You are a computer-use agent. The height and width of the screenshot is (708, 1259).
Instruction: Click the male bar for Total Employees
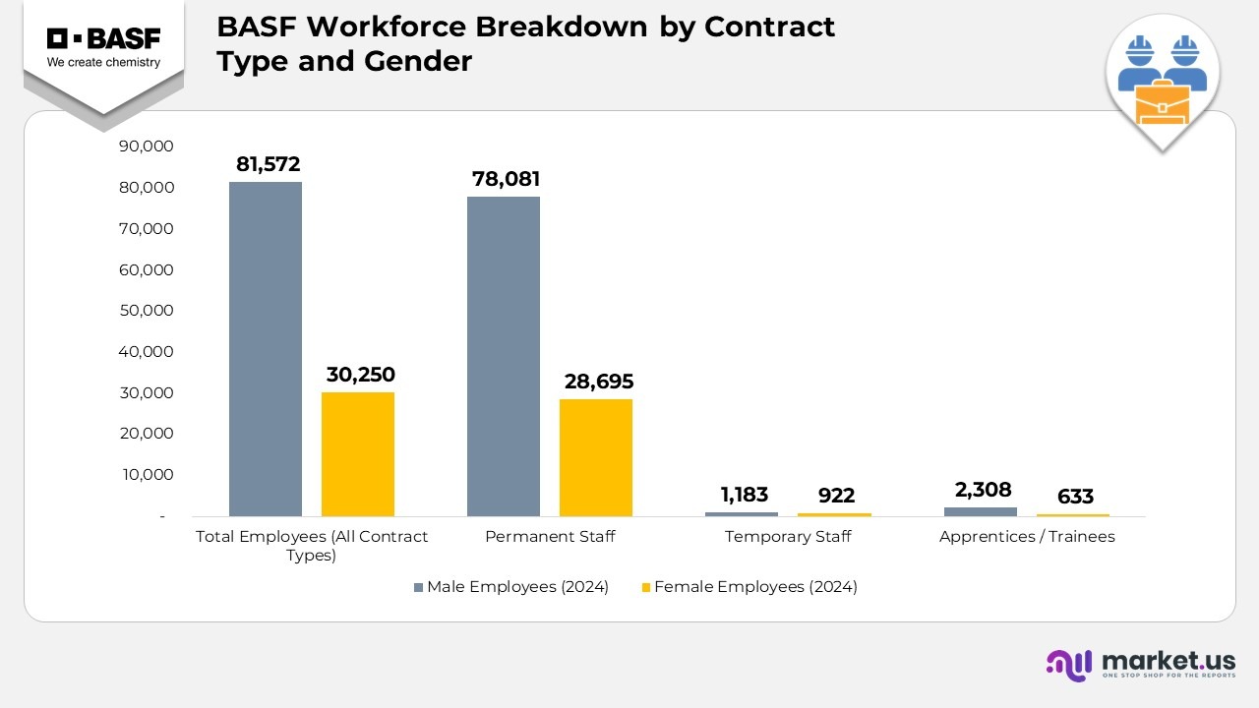(x=266, y=349)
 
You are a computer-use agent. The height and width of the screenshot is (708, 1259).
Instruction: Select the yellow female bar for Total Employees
(x=358, y=454)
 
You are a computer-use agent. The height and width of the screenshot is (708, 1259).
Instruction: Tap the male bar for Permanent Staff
(x=504, y=356)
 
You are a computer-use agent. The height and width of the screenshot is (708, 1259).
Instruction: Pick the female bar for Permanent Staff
(x=596, y=457)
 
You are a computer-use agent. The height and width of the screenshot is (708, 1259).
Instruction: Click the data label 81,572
(x=268, y=164)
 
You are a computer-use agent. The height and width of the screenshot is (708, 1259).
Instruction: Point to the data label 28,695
(x=599, y=382)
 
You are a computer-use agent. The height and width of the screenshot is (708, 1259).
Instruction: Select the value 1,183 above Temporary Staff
(x=744, y=495)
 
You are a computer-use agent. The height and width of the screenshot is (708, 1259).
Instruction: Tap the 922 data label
(x=836, y=496)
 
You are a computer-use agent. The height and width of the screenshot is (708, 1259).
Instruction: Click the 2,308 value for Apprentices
(x=983, y=490)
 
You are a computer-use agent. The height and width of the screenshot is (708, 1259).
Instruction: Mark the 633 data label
(x=1075, y=497)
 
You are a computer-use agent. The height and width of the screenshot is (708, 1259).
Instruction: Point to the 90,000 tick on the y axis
(x=146, y=147)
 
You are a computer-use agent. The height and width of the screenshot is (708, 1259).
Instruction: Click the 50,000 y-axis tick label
(x=146, y=311)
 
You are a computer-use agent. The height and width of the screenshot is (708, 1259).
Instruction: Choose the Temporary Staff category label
(x=788, y=537)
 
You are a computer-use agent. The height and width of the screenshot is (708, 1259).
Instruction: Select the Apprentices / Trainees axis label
(x=1027, y=537)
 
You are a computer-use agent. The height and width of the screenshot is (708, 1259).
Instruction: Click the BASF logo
(x=103, y=46)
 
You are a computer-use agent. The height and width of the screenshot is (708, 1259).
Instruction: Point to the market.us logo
(x=1140, y=664)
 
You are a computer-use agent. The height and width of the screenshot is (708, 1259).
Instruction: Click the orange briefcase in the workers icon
(x=1163, y=103)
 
